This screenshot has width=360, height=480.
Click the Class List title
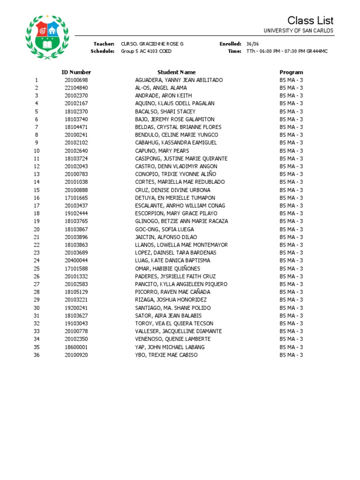[x=310, y=20]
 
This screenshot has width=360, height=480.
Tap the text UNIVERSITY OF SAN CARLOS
[x=299, y=30]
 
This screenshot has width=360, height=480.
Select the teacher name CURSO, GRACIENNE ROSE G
[x=152, y=44]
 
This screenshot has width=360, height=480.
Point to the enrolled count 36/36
[x=252, y=44]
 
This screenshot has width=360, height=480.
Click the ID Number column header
[x=76, y=72]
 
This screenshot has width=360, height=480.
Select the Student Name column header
[x=176, y=72]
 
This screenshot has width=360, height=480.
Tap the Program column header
[x=291, y=72]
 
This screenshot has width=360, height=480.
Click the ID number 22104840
[x=76, y=88]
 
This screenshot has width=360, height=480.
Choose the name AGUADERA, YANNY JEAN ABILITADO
[x=179, y=80]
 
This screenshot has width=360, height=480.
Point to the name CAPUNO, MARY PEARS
[x=162, y=150]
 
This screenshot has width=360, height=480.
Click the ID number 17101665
[x=76, y=198]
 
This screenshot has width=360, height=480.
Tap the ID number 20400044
[x=76, y=261]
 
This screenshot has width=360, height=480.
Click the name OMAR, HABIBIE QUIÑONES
[x=167, y=269]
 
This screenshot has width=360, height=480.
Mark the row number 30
[x=37, y=308]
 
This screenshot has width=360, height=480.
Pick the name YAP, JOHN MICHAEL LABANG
[x=170, y=347]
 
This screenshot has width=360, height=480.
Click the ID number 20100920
[x=76, y=355]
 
